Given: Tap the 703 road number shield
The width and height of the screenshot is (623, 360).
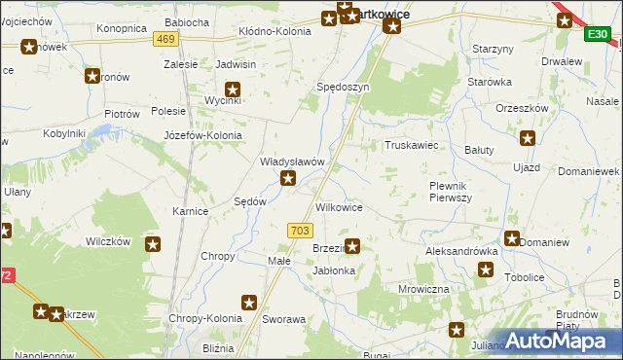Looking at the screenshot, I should tap(300, 230).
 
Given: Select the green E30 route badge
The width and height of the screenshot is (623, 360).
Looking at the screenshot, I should tap(598, 35).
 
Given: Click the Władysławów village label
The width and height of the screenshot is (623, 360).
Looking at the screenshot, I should tap(291, 162).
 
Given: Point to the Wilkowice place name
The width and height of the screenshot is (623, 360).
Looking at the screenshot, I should tap(340, 208).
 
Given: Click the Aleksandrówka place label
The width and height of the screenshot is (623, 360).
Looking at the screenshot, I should tap(461, 251).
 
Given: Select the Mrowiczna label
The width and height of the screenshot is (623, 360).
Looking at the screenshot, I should tap(423, 289).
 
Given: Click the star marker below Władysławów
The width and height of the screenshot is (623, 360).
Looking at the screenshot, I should tap(288, 178).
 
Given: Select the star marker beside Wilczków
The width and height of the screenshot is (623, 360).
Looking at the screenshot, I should tap(153, 243).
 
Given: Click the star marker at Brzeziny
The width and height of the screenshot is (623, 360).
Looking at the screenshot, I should tap(352, 247).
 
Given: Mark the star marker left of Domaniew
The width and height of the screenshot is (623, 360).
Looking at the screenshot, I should tap(512, 238).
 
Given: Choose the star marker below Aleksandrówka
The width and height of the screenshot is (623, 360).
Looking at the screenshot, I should tap(486, 270).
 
